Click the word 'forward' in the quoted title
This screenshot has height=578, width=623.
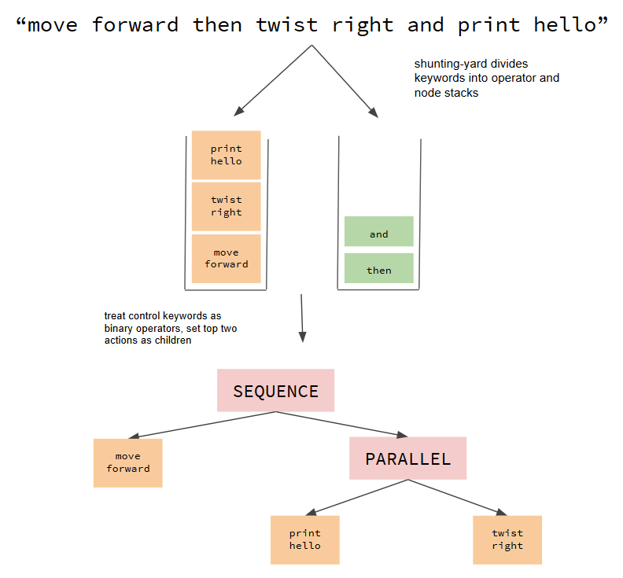[135, 25]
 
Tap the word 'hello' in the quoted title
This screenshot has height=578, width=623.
[565, 25]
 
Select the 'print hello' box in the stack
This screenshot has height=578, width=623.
[227, 155]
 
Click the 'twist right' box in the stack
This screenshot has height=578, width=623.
[227, 206]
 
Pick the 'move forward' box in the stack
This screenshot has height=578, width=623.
[227, 259]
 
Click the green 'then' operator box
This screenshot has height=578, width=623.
[379, 269]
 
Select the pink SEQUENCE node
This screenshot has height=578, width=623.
[276, 391]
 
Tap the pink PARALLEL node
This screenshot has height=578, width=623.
[408, 458]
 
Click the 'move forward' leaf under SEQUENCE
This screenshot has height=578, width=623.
[128, 462]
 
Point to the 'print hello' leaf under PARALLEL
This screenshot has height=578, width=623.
[305, 539]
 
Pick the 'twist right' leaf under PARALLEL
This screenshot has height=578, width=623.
[507, 539]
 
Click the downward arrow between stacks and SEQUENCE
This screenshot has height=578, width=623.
[301, 318]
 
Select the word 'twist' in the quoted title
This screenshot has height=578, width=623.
[288, 25]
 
